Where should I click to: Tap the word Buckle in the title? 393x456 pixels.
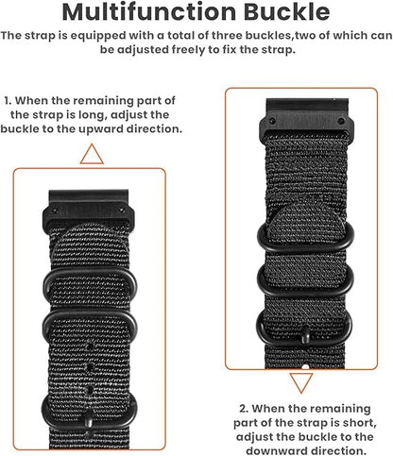click(x=284, y=12)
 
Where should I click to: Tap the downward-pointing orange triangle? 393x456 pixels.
click(x=302, y=382)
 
